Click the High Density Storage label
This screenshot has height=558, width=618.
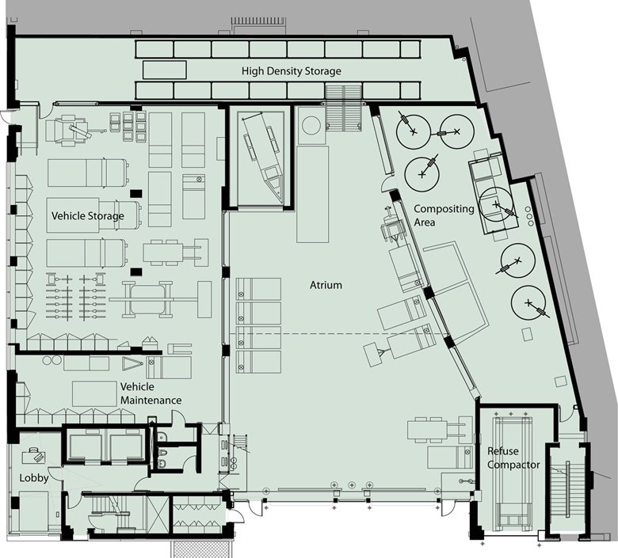coord(292,71)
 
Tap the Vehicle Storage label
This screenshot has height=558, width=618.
coord(87,216)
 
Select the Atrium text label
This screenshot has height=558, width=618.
coord(326,285)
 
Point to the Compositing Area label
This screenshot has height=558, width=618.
coord(444,215)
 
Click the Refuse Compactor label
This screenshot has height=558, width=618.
coord(513,457)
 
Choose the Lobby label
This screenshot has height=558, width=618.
coord(34,478)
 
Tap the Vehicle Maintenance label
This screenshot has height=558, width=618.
coord(151,393)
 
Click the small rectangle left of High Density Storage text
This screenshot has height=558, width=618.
coord(164,70)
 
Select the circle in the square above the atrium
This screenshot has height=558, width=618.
coord(311,125)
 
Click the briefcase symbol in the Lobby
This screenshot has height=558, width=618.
coord(33,456)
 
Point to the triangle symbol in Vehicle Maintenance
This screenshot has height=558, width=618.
coord(132,364)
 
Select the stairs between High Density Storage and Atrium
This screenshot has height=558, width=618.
coord(343,108)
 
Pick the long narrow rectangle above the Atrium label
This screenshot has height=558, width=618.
coord(312,194)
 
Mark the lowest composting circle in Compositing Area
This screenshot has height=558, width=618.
coord(528,303)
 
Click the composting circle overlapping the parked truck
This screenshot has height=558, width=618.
coord(496,204)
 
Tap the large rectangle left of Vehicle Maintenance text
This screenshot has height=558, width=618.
coord(94,393)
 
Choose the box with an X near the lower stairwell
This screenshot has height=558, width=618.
coord(158,515)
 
